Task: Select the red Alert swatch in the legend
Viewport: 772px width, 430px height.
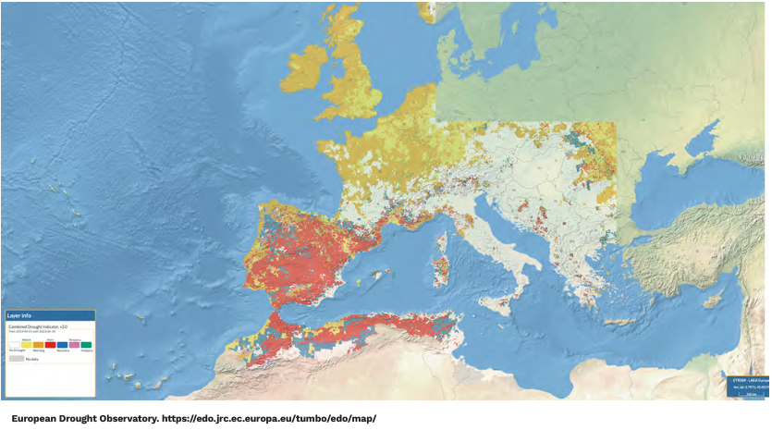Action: click(x=50, y=344)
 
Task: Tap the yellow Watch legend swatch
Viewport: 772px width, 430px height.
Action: click(x=27, y=344)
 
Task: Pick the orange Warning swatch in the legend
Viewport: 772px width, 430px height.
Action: click(x=39, y=344)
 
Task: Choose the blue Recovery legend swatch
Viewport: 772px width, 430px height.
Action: click(x=62, y=344)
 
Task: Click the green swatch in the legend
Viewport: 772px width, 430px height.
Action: click(x=86, y=344)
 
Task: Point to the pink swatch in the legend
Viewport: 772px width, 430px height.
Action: click(x=74, y=344)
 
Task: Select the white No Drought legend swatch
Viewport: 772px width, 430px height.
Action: click(x=15, y=344)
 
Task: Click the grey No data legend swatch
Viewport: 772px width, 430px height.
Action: click(x=16, y=359)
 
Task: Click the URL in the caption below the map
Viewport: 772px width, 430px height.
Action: click(x=268, y=418)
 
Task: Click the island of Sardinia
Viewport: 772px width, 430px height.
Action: click(x=441, y=268)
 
